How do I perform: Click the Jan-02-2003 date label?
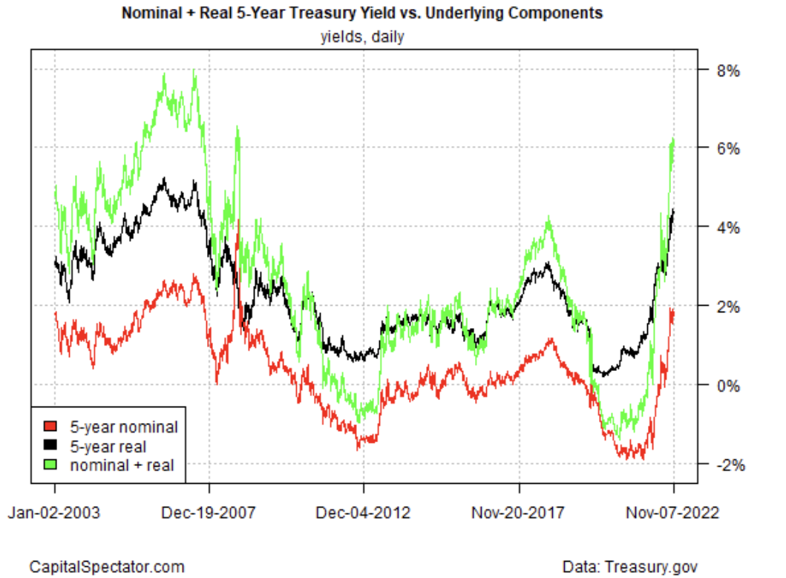(x=55, y=511)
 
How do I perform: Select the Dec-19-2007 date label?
(x=209, y=511)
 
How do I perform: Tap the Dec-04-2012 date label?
(x=364, y=511)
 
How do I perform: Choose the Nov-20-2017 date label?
(x=519, y=511)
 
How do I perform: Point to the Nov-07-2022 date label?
(x=672, y=511)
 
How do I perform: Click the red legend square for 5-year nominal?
(x=50, y=427)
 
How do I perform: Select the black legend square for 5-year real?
(x=50, y=446)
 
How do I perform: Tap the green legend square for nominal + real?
(x=50, y=465)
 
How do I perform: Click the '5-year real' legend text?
(x=108, y=446)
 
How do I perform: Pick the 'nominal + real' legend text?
(x=122, y=465)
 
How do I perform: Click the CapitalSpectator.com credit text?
(x=106, y=566)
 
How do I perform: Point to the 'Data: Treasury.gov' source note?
(x=629, y=566)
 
